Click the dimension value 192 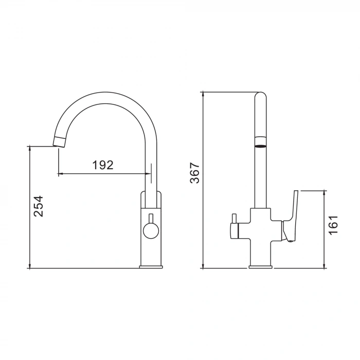tap(103, 165)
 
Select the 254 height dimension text tap(39, 206)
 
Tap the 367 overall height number tap(195, 173)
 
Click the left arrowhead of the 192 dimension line tap(60, 174)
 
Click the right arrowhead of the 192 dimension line tap(149, 174)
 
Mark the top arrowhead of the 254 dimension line tap(30, 149)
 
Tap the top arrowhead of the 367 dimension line tap(204, 94)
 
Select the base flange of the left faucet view tap(151, 266)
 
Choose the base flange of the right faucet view tap(261, 266)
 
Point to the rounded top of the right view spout tap(261, 96)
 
